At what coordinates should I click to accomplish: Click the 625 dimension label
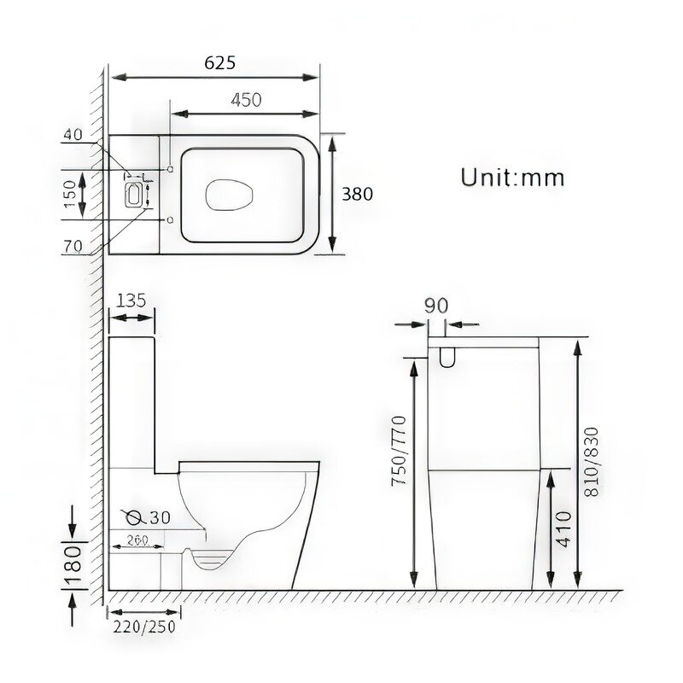220,62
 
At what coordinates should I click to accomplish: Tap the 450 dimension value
246,100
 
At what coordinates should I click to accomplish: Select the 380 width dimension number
357,194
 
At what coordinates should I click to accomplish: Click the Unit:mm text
512,178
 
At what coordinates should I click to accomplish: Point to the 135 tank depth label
131,301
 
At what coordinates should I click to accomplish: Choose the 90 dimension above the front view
436,306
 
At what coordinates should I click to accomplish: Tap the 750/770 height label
399,451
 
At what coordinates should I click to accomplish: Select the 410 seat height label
564,529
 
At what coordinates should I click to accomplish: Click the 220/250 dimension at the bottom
144,627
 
